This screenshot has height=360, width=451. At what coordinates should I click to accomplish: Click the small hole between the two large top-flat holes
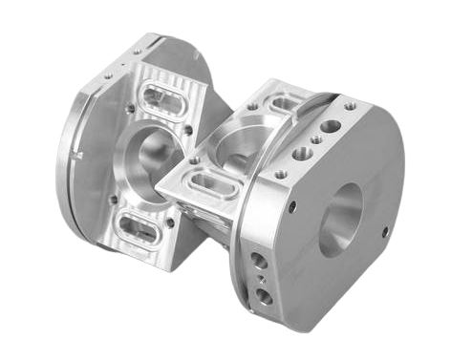tap(315, 139)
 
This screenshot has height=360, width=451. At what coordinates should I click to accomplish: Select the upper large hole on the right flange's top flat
tap(331, 125)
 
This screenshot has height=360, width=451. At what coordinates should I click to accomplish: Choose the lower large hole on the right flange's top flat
tap(302, 153)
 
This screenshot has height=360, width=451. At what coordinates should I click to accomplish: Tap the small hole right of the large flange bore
tap(386, 231)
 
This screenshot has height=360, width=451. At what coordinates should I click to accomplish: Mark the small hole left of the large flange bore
tap(291, 206)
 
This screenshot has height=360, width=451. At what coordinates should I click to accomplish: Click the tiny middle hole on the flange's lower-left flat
tap(259, 279)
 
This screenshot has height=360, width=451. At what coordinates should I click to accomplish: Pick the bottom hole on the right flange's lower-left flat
tap(264, 297)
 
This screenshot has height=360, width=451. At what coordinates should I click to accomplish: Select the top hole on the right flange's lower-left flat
tap(253, 260)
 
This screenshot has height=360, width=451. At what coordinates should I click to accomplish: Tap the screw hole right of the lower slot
tap(171, 222)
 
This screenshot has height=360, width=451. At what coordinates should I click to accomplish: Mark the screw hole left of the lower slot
tap(113, 201)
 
